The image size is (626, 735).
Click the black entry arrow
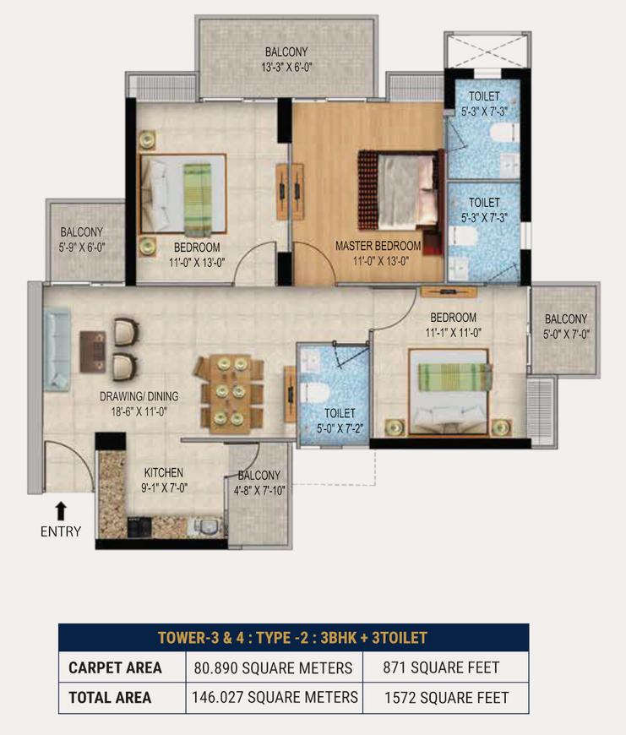61,511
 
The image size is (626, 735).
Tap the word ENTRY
61,531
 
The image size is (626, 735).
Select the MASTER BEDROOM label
378,246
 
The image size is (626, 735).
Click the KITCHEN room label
164,472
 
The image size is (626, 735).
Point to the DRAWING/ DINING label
139,396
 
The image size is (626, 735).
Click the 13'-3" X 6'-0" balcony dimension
286,67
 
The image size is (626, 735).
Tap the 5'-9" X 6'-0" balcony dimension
82,247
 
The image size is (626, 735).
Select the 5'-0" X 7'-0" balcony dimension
566,335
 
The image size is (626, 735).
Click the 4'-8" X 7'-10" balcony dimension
259,490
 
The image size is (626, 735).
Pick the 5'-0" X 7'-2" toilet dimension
340,428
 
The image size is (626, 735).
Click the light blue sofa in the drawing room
57,350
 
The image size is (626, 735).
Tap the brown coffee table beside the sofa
92,351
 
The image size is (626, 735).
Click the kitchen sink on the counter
205,527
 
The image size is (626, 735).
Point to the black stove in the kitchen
139,527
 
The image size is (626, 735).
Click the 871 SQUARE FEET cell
441,667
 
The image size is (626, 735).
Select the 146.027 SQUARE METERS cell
275,698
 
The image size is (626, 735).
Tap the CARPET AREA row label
115,667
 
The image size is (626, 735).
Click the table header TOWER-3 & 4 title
292,638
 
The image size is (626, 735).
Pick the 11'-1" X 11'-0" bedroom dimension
453,333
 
